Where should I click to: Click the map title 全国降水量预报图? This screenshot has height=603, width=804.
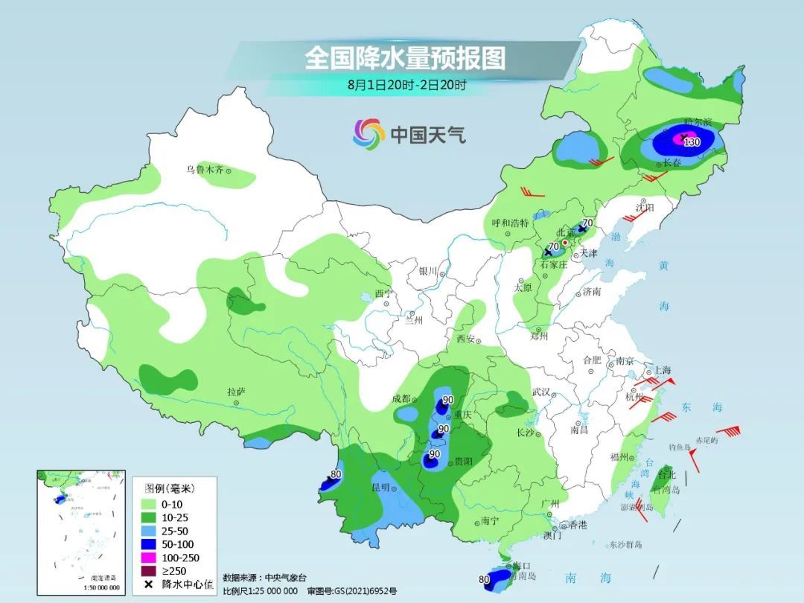point(404,58)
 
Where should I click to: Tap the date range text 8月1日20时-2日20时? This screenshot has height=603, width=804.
point(406,85)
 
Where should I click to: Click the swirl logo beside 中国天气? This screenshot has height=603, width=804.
point(368,134)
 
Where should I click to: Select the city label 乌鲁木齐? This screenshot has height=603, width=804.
point(204,170)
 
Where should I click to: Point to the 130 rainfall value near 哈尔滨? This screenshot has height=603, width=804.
point(692,142)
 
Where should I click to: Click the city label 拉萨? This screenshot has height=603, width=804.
point(236,392)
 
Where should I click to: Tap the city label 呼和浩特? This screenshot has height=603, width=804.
point(510,223)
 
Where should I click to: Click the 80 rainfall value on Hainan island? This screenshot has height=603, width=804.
point(485,579)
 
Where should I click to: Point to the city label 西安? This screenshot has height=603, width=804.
point(465,339)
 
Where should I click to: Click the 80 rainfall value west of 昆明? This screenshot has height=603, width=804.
point(336,473)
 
